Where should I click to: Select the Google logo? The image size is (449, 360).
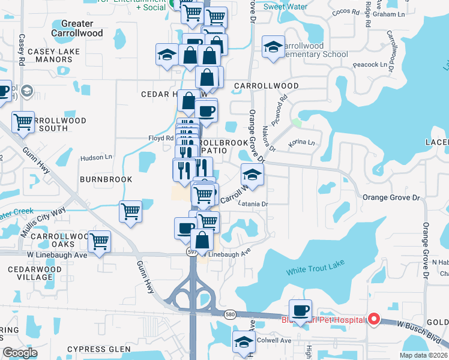tap(20, 353)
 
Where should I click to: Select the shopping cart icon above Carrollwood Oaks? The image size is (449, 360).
tap(100, 241)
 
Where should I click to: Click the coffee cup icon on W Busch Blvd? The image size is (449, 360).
tap(301, 310)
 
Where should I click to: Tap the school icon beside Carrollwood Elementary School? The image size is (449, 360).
tap(273, 47)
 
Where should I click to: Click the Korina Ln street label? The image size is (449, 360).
tap(301, 143)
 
